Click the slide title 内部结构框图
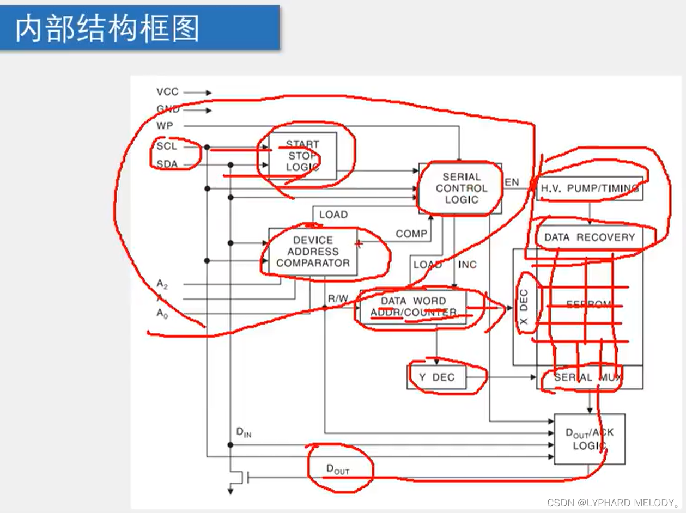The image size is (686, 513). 107,28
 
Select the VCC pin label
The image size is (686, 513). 167,92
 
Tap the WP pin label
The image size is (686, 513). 165,126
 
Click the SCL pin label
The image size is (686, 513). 167,146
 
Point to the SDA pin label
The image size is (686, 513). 167,164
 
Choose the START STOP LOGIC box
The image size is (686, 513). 302,156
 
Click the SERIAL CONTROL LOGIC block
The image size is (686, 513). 460,188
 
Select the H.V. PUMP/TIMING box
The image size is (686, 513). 590,188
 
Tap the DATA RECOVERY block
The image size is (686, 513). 590,237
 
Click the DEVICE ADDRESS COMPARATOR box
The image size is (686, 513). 313,252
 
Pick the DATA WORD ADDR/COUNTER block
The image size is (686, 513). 413,307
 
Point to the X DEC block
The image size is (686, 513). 524,307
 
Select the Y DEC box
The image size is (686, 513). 436,377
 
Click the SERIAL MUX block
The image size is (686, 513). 588,377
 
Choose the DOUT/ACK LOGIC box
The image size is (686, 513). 589,439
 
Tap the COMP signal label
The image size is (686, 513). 411,234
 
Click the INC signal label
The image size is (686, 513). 467,265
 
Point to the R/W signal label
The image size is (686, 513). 338,298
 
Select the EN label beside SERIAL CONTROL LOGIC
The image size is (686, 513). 512,182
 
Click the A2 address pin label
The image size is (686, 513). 162,284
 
